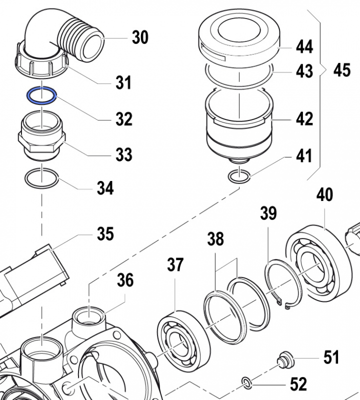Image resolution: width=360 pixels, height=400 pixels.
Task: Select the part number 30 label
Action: pos(140,37)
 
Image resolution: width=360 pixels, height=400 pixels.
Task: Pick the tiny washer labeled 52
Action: pos(246,383)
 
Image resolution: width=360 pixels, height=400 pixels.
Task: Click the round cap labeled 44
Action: pos(238,35)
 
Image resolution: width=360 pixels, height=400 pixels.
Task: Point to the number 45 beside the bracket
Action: pos(342,70)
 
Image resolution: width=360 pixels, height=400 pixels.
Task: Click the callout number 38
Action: pos(216,240)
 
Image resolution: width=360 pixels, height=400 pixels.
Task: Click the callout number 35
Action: pos(105,233)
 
